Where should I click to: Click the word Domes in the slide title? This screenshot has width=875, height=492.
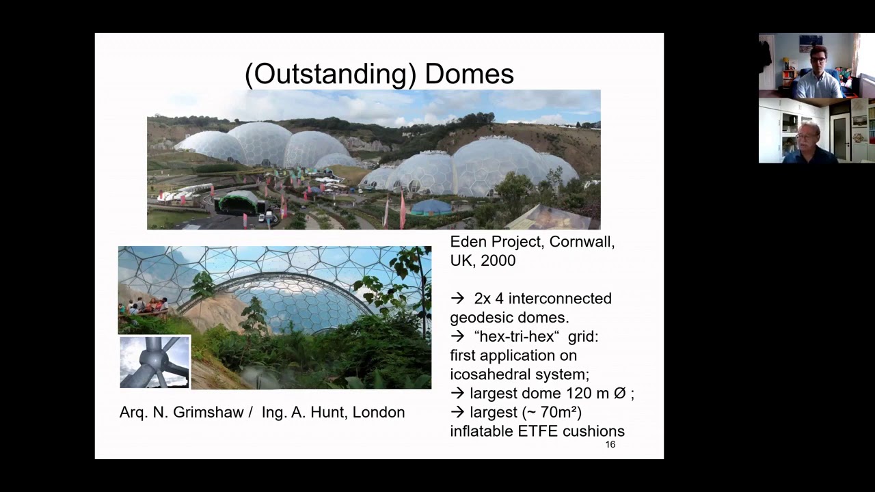469,74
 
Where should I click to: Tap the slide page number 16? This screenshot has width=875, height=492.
610,445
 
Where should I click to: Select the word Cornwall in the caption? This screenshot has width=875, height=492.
582,242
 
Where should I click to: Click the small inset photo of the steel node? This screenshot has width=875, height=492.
155,362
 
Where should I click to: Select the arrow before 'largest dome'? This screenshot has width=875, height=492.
457,394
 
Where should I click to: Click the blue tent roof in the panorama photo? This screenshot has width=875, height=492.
431,206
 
